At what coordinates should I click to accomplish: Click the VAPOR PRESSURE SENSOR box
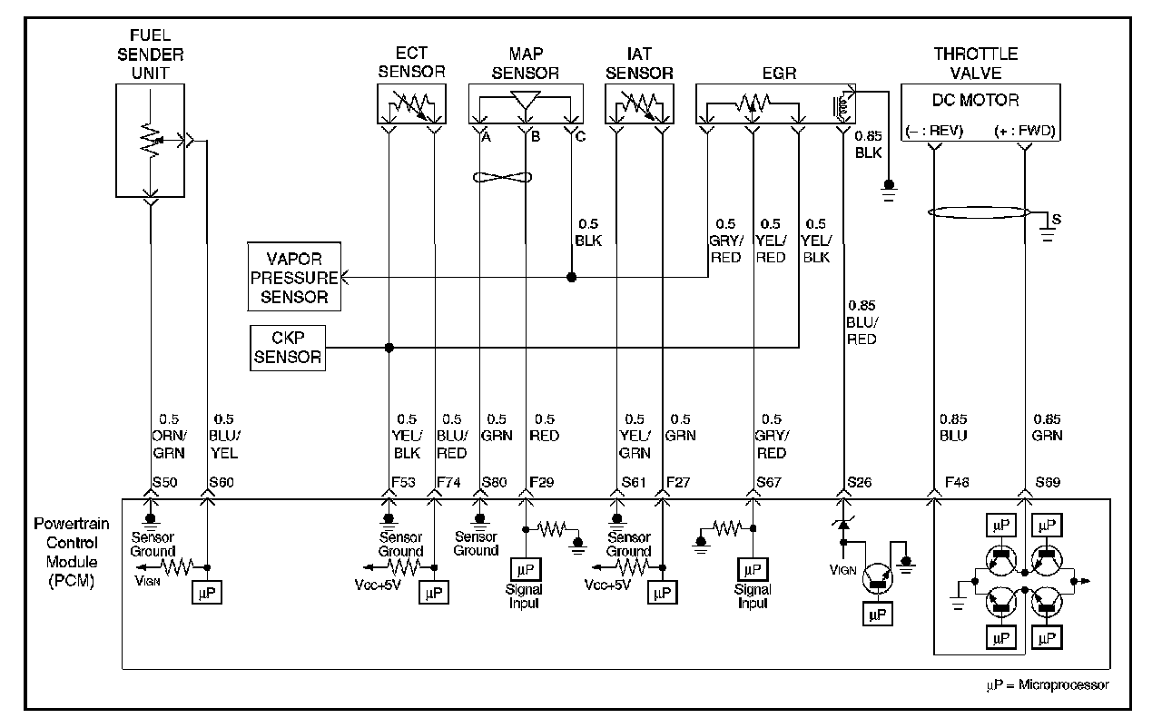click(x=294, y=277)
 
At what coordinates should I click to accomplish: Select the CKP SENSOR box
click(x=288, y=348)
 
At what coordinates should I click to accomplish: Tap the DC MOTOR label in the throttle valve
click(x=975, y=100)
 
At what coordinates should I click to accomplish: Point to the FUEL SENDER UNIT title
click(x=150, y=54)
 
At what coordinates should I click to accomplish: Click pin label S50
click(x=165, y=482)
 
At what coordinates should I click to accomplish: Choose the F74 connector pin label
click(x=448, y=482)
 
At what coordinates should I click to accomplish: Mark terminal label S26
click(x=859, y=482)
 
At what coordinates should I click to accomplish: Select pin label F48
click(x=957, y=482)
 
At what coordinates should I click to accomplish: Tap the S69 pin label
click(x=1048, y=482)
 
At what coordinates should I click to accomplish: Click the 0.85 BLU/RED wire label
click(x=862, y=322)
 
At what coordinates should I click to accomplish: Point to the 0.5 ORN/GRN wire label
click(x=169, y=436)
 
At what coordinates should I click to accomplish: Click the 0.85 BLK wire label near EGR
click(x=869, y=144)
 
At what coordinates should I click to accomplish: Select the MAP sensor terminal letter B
click(x=536, y=136)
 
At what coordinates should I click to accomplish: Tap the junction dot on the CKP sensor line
click(x=389, y=348)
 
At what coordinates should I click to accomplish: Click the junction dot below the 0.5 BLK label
click(x=571, y=278)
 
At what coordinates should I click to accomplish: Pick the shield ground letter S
click(x=1057, y=220)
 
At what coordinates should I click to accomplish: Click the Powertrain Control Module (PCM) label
click(x=72, y=552)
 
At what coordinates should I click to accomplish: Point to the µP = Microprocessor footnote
click(x=1048, y=684)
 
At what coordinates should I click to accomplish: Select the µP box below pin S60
click(x=207, y=592)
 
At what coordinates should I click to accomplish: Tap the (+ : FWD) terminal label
click(x=1025, y=130)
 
